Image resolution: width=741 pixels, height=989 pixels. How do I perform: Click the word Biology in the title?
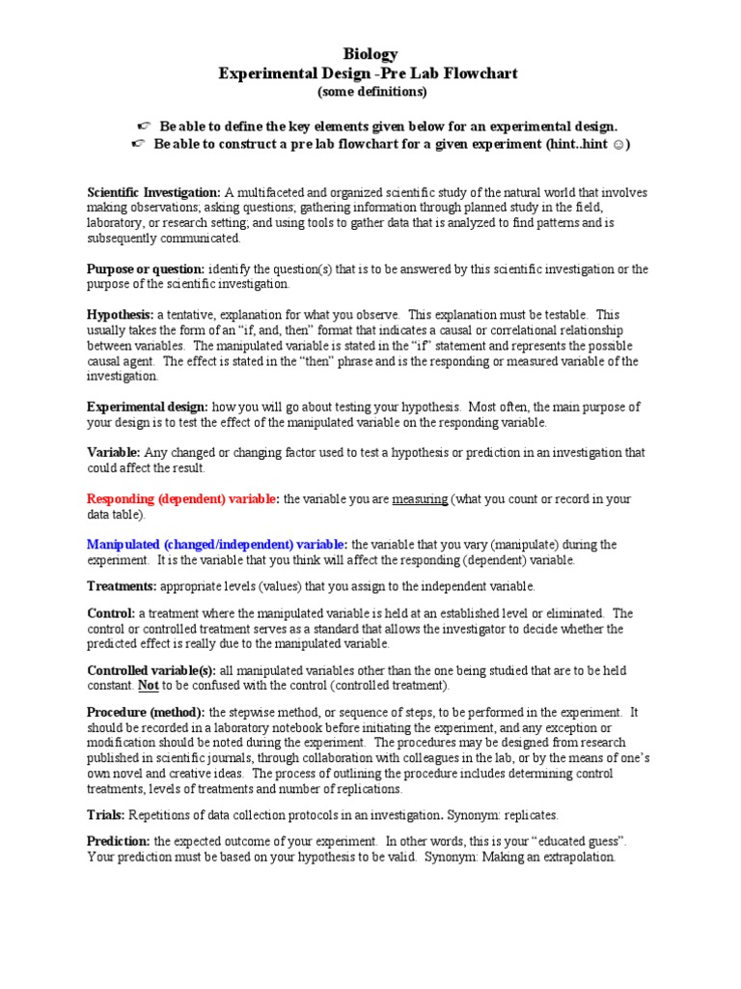click(x=370, y=55)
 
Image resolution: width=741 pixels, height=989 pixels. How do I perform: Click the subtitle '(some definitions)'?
click(x=370, y=92)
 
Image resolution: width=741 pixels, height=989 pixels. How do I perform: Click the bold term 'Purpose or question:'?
click(x=145, y=269)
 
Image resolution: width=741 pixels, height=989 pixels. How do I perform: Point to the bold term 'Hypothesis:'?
click(x=120, y=315)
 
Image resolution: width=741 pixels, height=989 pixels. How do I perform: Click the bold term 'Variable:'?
click(x=114, y=452)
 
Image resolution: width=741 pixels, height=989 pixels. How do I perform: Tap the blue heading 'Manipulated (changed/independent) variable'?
click(x=217, y=545)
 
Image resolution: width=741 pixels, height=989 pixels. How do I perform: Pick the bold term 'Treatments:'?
click(x=122, y=585)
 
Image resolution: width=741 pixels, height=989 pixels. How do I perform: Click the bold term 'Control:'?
click(x=111, y=613)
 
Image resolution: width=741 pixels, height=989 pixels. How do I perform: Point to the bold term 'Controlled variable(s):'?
click(x=151, y=670)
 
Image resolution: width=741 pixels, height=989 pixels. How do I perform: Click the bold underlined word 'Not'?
click(x=148, y=685)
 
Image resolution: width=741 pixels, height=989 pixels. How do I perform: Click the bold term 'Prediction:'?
click(x=119, y=842)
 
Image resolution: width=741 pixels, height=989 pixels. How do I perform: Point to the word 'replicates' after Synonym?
click(x=528, y=815)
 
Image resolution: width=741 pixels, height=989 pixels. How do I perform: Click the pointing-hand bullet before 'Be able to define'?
click(x=144, y=127)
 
